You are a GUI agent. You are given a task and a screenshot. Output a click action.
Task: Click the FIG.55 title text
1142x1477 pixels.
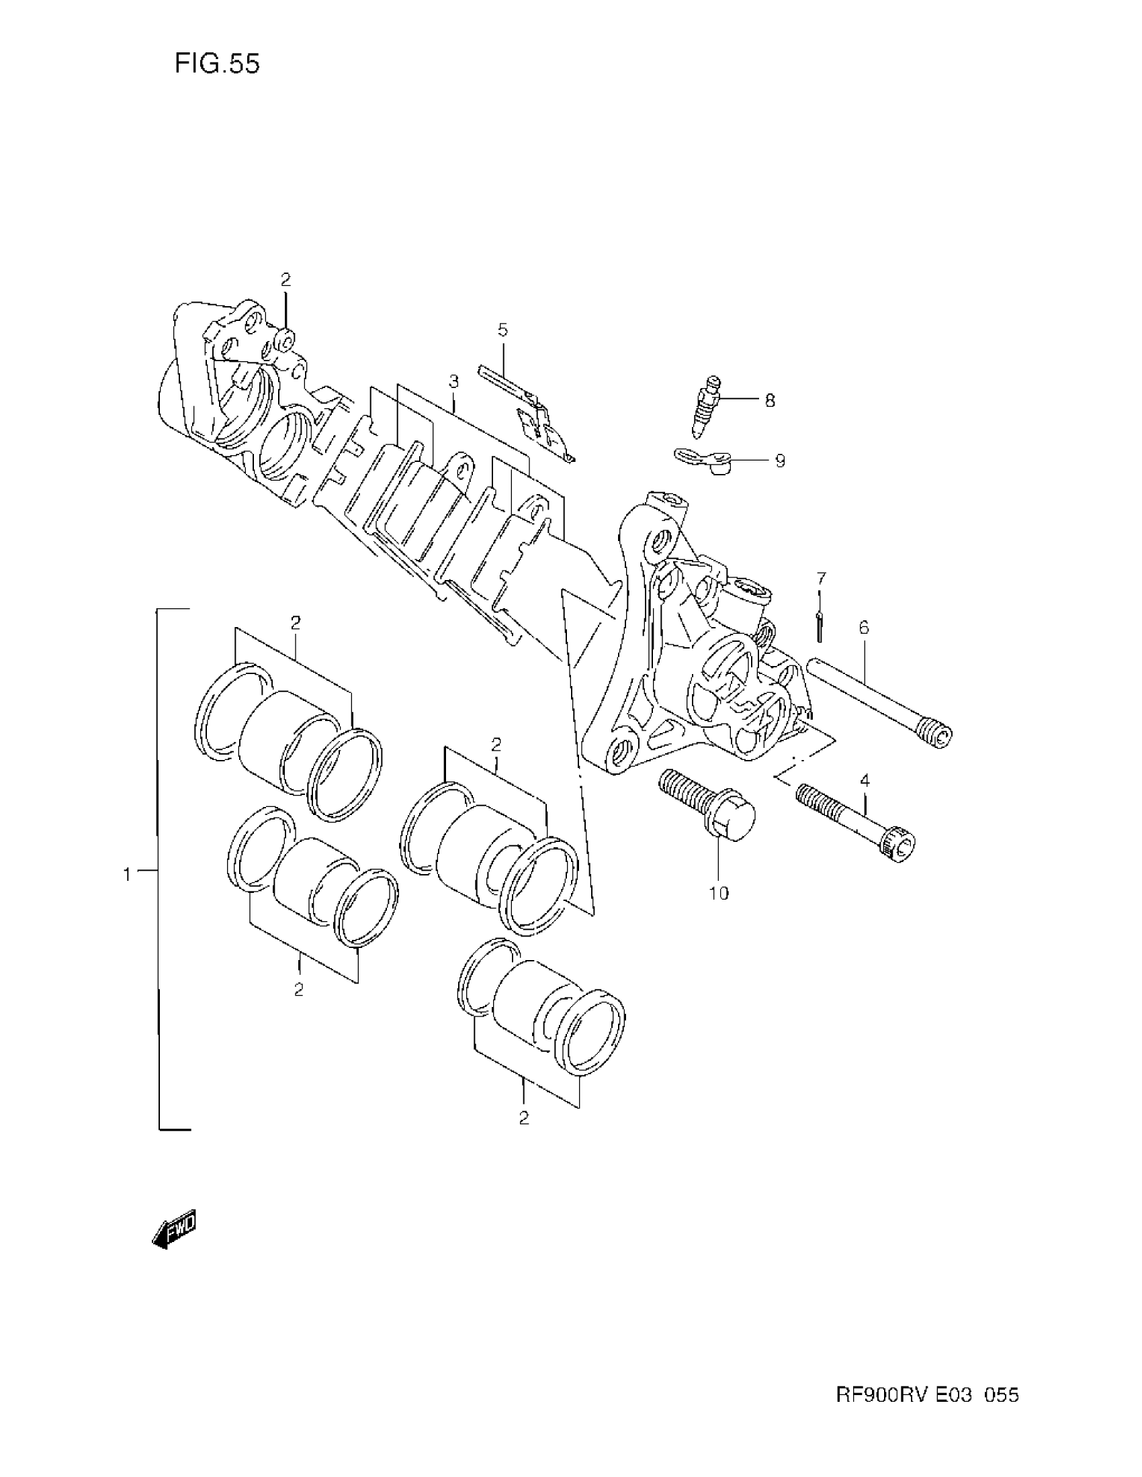tap(216, 64)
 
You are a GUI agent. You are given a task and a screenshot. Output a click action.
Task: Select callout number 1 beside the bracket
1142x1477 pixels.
tap(126, 874)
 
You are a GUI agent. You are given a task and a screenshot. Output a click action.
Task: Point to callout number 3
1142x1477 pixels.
tap(453, 381)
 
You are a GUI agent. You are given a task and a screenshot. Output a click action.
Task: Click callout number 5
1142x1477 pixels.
tap(502, 330)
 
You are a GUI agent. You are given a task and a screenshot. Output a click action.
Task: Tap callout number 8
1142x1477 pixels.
tap(770, 400)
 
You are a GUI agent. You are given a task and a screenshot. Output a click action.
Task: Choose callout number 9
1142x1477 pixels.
tap(779, 461)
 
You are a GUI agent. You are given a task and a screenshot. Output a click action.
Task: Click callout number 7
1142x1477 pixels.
tap(821, 578)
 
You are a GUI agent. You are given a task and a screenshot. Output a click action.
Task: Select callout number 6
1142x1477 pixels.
tap(864, 628)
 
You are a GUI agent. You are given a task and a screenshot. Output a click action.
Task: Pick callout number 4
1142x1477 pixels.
tap(865, 780)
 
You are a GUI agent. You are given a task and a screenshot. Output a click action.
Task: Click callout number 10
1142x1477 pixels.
tap(719, 894)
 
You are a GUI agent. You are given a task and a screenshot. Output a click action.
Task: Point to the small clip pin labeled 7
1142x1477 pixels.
tap(820, 626)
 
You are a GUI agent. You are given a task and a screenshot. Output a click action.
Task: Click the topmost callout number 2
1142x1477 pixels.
tap(285, 279)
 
